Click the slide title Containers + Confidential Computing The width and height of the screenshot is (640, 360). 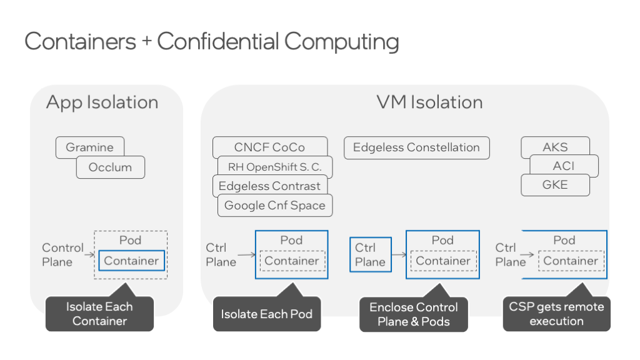coord(211,42)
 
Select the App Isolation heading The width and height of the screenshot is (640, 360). coord(102,102)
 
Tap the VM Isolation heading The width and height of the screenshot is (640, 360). coord(429,102)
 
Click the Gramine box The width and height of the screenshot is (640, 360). coord(89,147)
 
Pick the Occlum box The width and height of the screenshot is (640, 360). coord(110,167)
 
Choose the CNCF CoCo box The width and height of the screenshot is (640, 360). coord(269,147)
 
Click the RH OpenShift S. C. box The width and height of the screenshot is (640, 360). coord(274,167)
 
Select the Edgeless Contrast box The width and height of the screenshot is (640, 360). coord(269,186)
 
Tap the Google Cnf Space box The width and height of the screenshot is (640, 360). coord(274,206)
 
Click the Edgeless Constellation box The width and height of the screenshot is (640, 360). coord(416,148)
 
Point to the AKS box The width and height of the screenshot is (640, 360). coord(555,147)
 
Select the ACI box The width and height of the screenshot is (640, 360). coord(563,166)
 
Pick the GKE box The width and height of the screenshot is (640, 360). coord(555,185)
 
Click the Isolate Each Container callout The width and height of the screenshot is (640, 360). coord(99,314)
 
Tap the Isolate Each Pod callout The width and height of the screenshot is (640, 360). coord(266,314)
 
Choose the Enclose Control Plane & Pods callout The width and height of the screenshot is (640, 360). coord(413,314)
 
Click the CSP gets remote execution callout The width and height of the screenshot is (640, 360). coord(556,314)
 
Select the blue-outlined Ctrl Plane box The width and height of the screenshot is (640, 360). coord(370,255)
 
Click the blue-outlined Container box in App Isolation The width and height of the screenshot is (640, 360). coord(131,261)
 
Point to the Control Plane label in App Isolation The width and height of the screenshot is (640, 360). coord(62,255)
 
